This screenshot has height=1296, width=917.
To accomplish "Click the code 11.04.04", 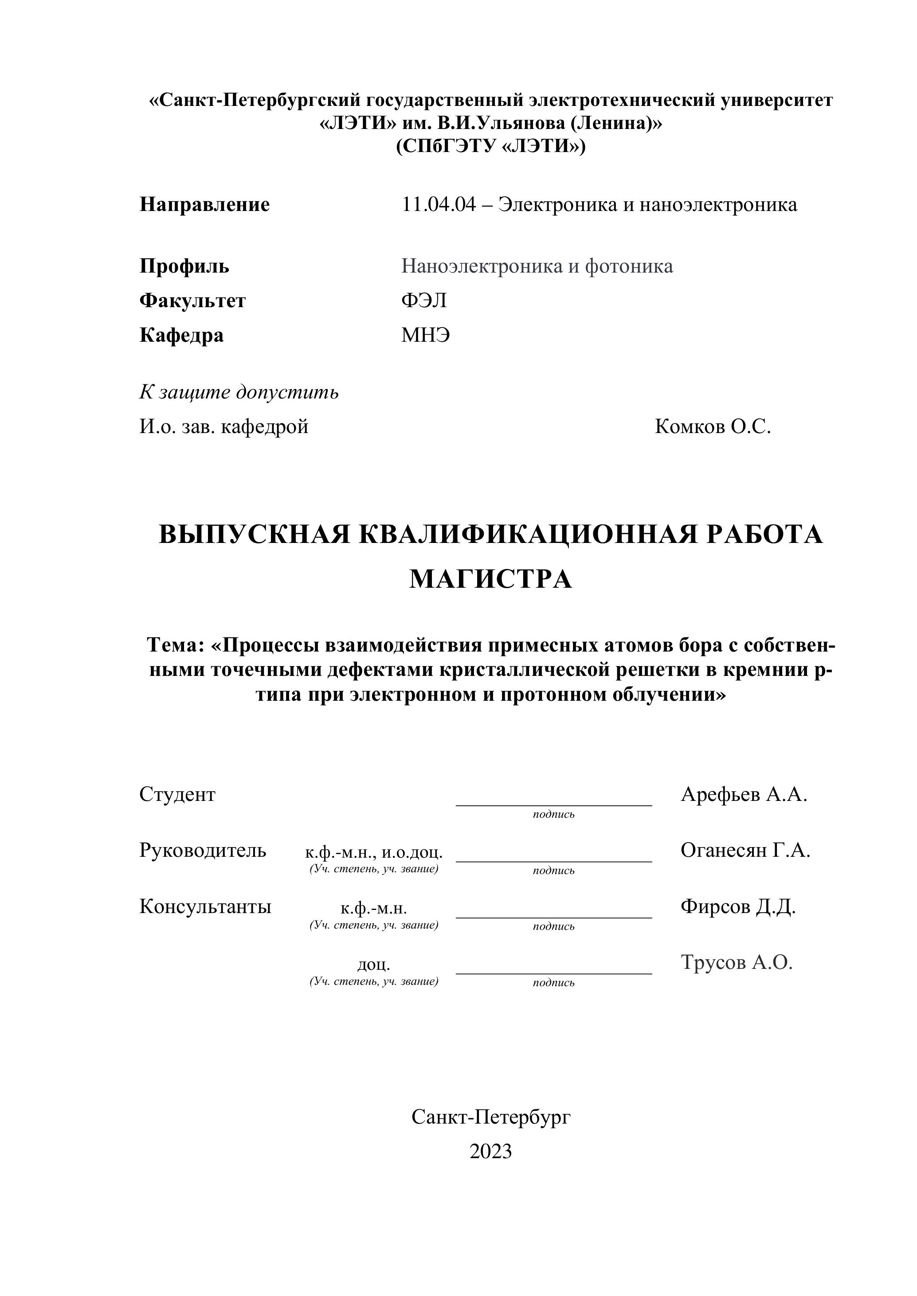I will tap(439, 204).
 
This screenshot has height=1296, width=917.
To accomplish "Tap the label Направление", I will tap(204, 204).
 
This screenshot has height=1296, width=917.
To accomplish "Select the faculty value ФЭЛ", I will tap(423, 301).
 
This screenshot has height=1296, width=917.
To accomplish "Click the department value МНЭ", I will tap(425, 335).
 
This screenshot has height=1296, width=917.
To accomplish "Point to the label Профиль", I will tap(184, 266).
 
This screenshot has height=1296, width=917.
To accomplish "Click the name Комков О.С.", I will tap(713, 427).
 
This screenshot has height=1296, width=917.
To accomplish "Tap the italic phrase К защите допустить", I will tap(239, 392).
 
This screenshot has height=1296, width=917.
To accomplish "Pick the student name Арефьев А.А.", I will tap(744, 795).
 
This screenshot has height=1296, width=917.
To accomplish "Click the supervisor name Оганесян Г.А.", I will tap(745, 850).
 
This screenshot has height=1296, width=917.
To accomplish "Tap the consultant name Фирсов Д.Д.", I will tap(737, 906).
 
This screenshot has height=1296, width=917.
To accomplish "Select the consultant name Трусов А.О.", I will tap(737, 962).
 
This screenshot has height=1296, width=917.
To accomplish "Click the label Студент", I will tap(177, 795).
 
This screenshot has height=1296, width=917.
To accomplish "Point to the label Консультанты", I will tap(205, 906).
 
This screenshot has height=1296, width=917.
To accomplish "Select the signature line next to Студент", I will tap(553, 804).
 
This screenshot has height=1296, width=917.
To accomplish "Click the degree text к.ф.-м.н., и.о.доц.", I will tap(374, 852).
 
